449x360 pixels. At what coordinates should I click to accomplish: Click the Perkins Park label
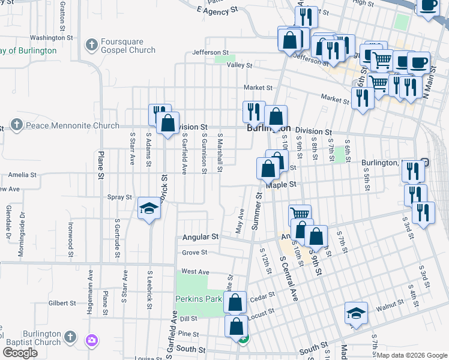(199, 298)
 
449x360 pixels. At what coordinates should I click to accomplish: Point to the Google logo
(20, 352)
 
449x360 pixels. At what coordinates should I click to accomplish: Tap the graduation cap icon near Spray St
(149, 208)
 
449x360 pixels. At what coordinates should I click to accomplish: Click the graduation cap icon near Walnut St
(356, 313)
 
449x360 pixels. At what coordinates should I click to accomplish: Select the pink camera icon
(91, 341)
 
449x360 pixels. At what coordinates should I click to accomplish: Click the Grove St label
(194, 253)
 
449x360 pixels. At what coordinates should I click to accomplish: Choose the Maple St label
(282, 185)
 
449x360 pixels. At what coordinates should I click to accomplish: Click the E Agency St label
(217, 11)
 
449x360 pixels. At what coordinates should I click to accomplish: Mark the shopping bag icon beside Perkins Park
(235, 302)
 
